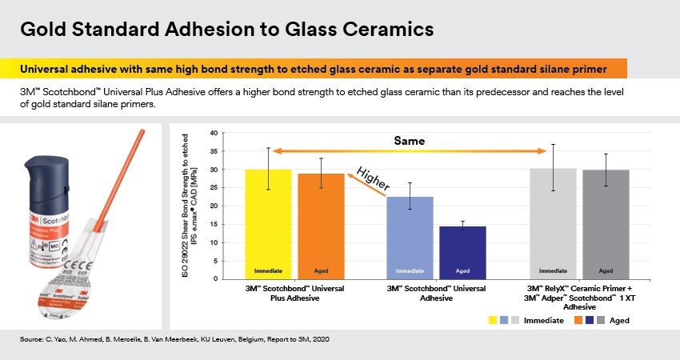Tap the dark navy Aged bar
point(462,252)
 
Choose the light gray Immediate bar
point(554,224)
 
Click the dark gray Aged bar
point(606,225)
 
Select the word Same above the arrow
point(410,140)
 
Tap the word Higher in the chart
point(372,180)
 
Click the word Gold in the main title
point(42,30)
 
